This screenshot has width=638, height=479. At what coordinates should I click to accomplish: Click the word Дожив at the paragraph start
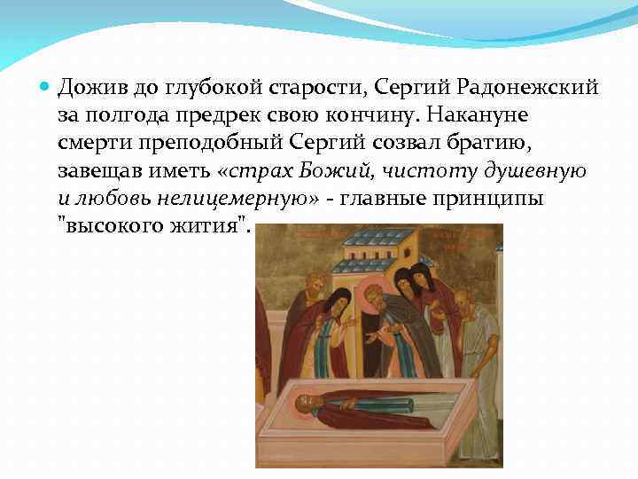[x=89, y=88]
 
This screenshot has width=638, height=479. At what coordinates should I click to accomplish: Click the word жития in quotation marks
[x=206, y=226]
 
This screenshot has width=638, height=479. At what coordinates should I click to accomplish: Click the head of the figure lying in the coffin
[x=307, y=406]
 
